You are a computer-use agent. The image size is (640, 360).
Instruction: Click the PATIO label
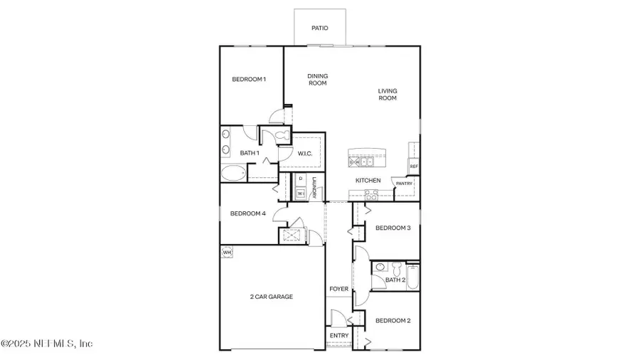coord(320,28)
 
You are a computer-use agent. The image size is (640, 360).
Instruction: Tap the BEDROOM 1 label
coord(249,79)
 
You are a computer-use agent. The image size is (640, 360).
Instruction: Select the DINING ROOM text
coord(317,80)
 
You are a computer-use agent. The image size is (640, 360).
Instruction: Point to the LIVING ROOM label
coord(388,94)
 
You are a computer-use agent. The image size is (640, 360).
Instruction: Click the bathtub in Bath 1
coord(232,173)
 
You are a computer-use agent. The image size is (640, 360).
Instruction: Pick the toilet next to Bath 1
coord(279,135)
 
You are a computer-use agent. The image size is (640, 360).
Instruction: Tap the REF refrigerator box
coord(413,166)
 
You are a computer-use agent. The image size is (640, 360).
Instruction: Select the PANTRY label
coord(404,183)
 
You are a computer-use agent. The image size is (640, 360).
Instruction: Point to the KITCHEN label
coord(368,181)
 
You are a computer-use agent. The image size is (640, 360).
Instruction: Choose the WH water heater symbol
coord(228,252)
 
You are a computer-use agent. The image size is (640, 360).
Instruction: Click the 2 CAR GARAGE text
coord(271,297)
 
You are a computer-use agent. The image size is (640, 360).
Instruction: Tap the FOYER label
coord(338,290)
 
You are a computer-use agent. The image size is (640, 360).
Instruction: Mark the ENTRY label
coord(338,336)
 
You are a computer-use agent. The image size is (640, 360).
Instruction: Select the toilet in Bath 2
coord(380,268)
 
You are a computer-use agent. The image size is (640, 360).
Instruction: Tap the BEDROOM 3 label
coord(393,228)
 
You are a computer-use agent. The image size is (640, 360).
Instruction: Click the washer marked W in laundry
coord(300,193)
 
